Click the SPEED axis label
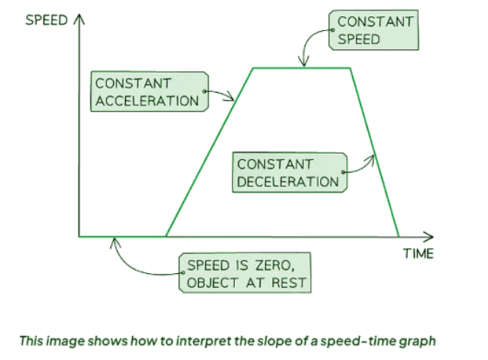tap(46, 20)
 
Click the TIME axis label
tap(418, 253)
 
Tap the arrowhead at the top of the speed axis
tap(79, 18)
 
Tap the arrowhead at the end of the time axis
tap(428, 237)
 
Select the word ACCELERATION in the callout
tap(147, 101)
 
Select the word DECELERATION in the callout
tap(288, 182)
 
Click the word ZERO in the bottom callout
tap(275, 266)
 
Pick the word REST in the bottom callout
tap(289, 283)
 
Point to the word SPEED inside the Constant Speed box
tap(359, 39)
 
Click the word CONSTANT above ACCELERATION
tap(133, 83)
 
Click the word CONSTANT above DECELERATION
tap(275, 164)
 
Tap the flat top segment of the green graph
tap(302, 68)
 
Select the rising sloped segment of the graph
tap(209, 152)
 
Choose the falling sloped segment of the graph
tap(375, 152)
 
